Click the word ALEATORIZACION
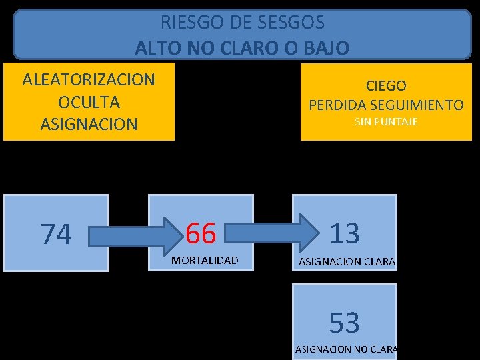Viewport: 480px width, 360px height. point(89,80)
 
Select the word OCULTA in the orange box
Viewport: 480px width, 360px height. point(89,102)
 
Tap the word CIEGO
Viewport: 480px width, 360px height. point(386,85)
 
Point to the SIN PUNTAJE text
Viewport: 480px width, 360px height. point(386,122)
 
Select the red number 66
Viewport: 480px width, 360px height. point(201,233)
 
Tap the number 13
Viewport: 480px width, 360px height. point(345,233)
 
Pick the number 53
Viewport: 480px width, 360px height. point(345,323)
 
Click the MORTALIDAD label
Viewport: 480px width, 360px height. point(205,260)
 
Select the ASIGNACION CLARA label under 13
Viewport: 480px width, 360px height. point(347,262)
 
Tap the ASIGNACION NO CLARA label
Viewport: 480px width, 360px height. point(346,349)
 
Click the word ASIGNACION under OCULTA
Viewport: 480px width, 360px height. point(89,124)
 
